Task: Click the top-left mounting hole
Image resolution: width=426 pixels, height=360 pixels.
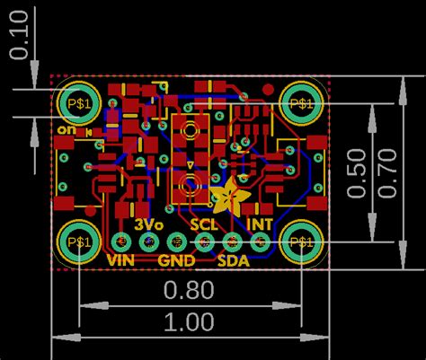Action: point(79,103)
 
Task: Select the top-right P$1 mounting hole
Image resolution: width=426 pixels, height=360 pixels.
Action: point(301,103)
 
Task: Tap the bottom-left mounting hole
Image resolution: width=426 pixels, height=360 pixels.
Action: point(79,241)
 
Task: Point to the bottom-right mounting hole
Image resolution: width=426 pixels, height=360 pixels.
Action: point(301,241)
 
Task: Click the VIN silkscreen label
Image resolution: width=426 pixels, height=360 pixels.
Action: point(120,260)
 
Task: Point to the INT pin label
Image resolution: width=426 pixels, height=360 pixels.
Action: point(260,224)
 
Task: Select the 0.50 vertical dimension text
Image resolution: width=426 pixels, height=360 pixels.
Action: point(357,172)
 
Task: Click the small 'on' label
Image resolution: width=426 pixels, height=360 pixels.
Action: point(65,130)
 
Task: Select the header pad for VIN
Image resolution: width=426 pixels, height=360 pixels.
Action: point(121,241)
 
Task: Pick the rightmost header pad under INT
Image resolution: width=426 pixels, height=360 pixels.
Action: point(261,241)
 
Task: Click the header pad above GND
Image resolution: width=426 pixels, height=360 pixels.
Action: point(177,241)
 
